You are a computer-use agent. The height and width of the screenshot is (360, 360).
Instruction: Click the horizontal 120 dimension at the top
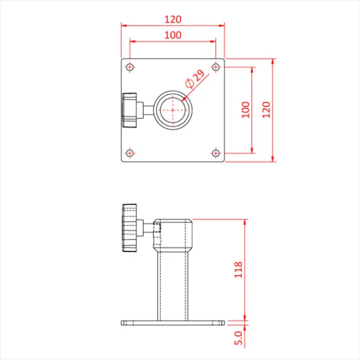173,19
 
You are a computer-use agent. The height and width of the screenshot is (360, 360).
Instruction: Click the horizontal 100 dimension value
173,35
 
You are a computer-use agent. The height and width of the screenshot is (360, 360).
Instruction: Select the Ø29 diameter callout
194,78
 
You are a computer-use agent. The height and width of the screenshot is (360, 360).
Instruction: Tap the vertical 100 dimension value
245,109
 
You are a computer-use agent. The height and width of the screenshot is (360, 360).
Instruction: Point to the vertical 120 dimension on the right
266,109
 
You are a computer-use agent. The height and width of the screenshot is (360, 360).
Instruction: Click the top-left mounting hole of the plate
130,67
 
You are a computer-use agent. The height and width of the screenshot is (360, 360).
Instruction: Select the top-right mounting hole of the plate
215,67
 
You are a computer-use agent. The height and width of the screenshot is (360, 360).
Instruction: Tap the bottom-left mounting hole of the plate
130,152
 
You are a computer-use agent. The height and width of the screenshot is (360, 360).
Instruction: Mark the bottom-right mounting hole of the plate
215,152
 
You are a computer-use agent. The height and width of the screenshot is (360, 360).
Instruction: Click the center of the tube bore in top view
173,110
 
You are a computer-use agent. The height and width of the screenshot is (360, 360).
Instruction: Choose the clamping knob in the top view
130,110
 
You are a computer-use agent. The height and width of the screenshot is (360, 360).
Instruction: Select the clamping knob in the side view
130,229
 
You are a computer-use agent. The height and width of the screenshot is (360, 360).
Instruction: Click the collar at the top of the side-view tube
173,235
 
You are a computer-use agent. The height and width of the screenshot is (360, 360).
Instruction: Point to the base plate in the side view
173,323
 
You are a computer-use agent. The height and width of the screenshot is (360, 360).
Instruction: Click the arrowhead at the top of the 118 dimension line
245,222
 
